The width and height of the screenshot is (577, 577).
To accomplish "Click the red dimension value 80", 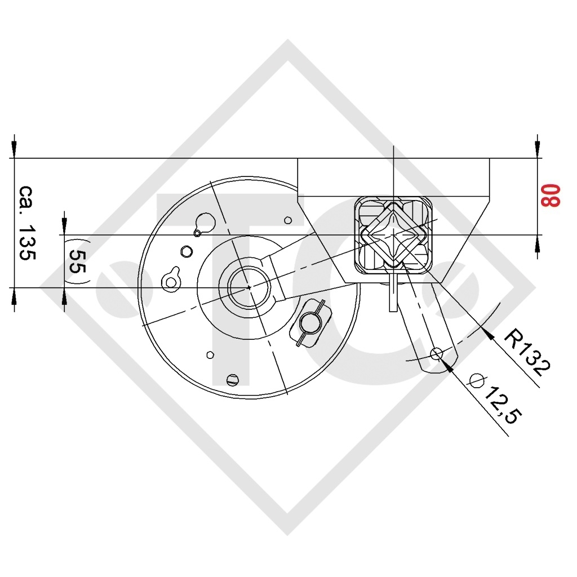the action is point(550,196).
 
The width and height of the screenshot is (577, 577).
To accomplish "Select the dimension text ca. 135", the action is point(27,223).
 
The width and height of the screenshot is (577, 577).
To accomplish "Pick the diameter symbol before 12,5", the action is point(477,380).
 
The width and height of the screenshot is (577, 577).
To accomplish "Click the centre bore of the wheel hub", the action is point(249,287).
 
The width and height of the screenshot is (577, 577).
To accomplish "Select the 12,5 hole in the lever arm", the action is point(436,354).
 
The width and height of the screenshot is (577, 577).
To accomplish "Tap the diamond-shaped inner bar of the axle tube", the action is point(394,234).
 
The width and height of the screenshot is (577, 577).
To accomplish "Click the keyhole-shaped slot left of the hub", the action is point(171,279).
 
